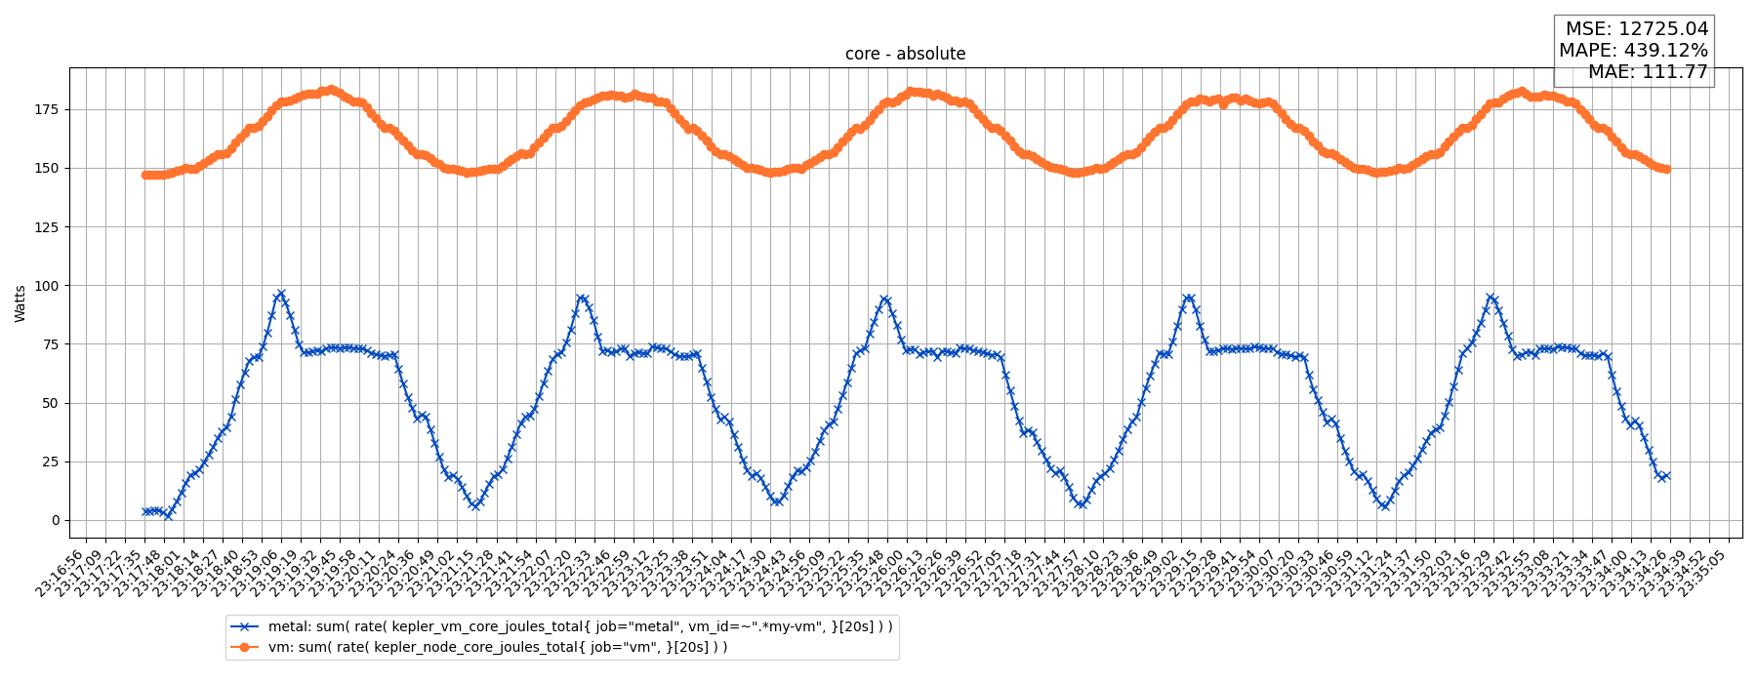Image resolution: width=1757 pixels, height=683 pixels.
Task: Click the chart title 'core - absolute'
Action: click(x=905, y=54)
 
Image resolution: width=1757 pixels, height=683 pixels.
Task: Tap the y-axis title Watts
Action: click(x=20, y=303)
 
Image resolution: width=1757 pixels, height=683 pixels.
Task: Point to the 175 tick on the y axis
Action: click(x=47, y=109)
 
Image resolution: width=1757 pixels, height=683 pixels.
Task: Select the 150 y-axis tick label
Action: click(x=47, y=168)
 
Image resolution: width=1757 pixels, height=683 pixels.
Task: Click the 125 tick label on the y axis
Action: click(x=47, y=227)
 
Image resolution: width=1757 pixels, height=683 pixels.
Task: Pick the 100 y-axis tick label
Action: click(x=47, y=286)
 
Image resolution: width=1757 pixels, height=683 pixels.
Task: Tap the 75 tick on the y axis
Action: click(x=51, y=344)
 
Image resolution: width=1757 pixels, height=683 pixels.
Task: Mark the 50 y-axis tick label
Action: click(x=51, y=403)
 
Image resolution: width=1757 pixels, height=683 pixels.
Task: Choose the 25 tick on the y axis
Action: click(x=51, y=462)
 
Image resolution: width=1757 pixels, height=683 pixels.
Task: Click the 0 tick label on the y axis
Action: click(x=55, y=520)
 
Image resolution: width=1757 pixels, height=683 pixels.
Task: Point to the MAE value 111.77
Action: click(x=1675, y=72)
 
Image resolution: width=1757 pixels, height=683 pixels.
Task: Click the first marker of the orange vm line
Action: click(x=145, y=175)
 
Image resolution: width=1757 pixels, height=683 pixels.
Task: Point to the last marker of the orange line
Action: click(x=1666, y=169)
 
